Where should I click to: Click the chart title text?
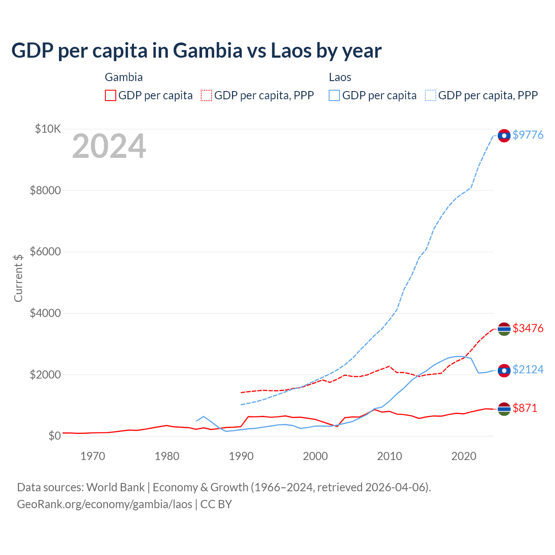click(196, 51)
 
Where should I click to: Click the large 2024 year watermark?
click(109, 147)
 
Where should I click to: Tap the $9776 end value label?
click(528, 135)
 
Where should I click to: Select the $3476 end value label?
click(528, 328)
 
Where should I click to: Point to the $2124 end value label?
click(528, 369)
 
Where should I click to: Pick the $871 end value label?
click(525, 408)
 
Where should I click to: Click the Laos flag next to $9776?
click(504, 136)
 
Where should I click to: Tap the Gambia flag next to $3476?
click(504, 329)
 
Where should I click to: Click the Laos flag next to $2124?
click(504, 370)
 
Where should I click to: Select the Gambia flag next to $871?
click(504, 409)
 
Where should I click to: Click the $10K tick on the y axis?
click(48, 129)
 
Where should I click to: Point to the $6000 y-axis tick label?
click(45, 251)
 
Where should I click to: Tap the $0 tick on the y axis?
click(54, 435)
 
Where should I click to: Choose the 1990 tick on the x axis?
click(241, 456)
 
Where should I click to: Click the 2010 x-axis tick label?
click(390, 456)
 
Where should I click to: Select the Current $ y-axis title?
click(18, 278)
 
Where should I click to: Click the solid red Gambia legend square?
click(111, 95)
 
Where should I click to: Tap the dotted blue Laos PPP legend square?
click(431, 95)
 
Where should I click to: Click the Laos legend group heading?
click(340, 77)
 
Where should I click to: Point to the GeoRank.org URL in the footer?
click(104, 504)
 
